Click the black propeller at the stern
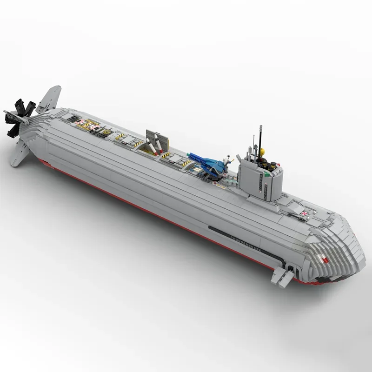(x=20, y=116)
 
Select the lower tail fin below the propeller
(x=21, y=152)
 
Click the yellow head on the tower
(x=262, y=152)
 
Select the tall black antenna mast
(x=260, y=139)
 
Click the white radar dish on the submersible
(x=227, y=160)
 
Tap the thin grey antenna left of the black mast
(x=253, y=144)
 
